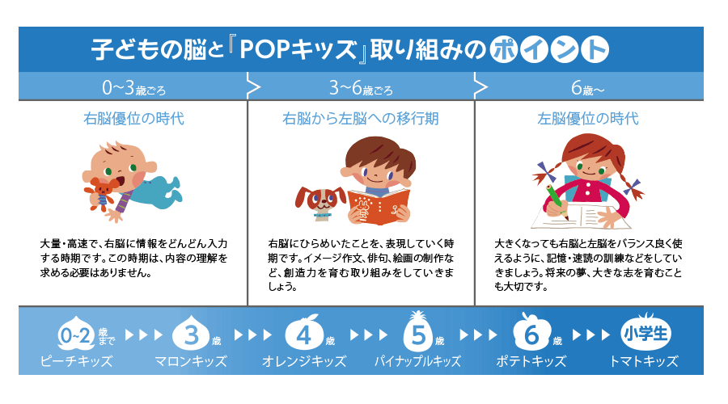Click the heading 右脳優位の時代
(x=133, y=118)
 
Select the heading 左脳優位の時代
(x=588, y=118)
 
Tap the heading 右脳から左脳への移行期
(x=360, y=118)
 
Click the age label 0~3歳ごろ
(x=133, y=87)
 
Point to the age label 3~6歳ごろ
(x=361, y=87)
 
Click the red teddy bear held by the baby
(x=101, y=192)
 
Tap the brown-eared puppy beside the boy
(x=320, y=203)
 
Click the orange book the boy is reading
(x=379, y=206)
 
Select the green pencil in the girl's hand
(x=557, y=202)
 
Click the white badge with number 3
(x=191, y=334)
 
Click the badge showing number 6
(x=531, y=332)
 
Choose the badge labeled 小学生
(x=645, y=333)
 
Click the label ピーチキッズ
(x=76, y=361)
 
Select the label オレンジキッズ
(x=304, y=361)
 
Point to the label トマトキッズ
(x=644, y=361)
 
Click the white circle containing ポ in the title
(x=504, y=49)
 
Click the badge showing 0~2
(x=76, y=335)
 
